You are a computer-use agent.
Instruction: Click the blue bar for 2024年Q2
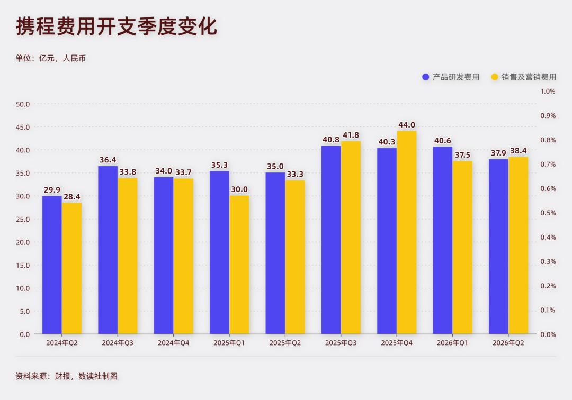[52, 265]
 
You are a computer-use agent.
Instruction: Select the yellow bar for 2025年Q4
[407, 232]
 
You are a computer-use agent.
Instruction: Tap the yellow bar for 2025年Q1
[239, 265]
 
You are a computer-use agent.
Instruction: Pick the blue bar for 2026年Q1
[443, 240]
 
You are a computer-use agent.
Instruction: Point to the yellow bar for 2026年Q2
[519, 246]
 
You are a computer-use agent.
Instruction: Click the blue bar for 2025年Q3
[331, 240]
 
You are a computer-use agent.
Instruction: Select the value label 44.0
[407, 125]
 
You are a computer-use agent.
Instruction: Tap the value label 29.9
[52, 190]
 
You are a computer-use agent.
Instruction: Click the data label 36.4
[108, 160]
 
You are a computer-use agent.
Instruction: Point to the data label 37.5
[462, 155]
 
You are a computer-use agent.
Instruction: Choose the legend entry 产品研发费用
[451, 77]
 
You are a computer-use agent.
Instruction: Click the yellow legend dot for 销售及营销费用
[495, 77]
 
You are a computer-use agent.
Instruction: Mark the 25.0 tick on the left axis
[23, 219]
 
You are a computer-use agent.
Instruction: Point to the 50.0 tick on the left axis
[23, 104]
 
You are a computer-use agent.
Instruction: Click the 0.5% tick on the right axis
[548, 213]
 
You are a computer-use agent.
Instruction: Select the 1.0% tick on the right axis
[548, 91]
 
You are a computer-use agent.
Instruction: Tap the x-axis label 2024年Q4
[173, 343]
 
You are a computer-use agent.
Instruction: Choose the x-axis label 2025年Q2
[285, 343]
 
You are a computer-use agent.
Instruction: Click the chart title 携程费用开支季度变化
[117, 26]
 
